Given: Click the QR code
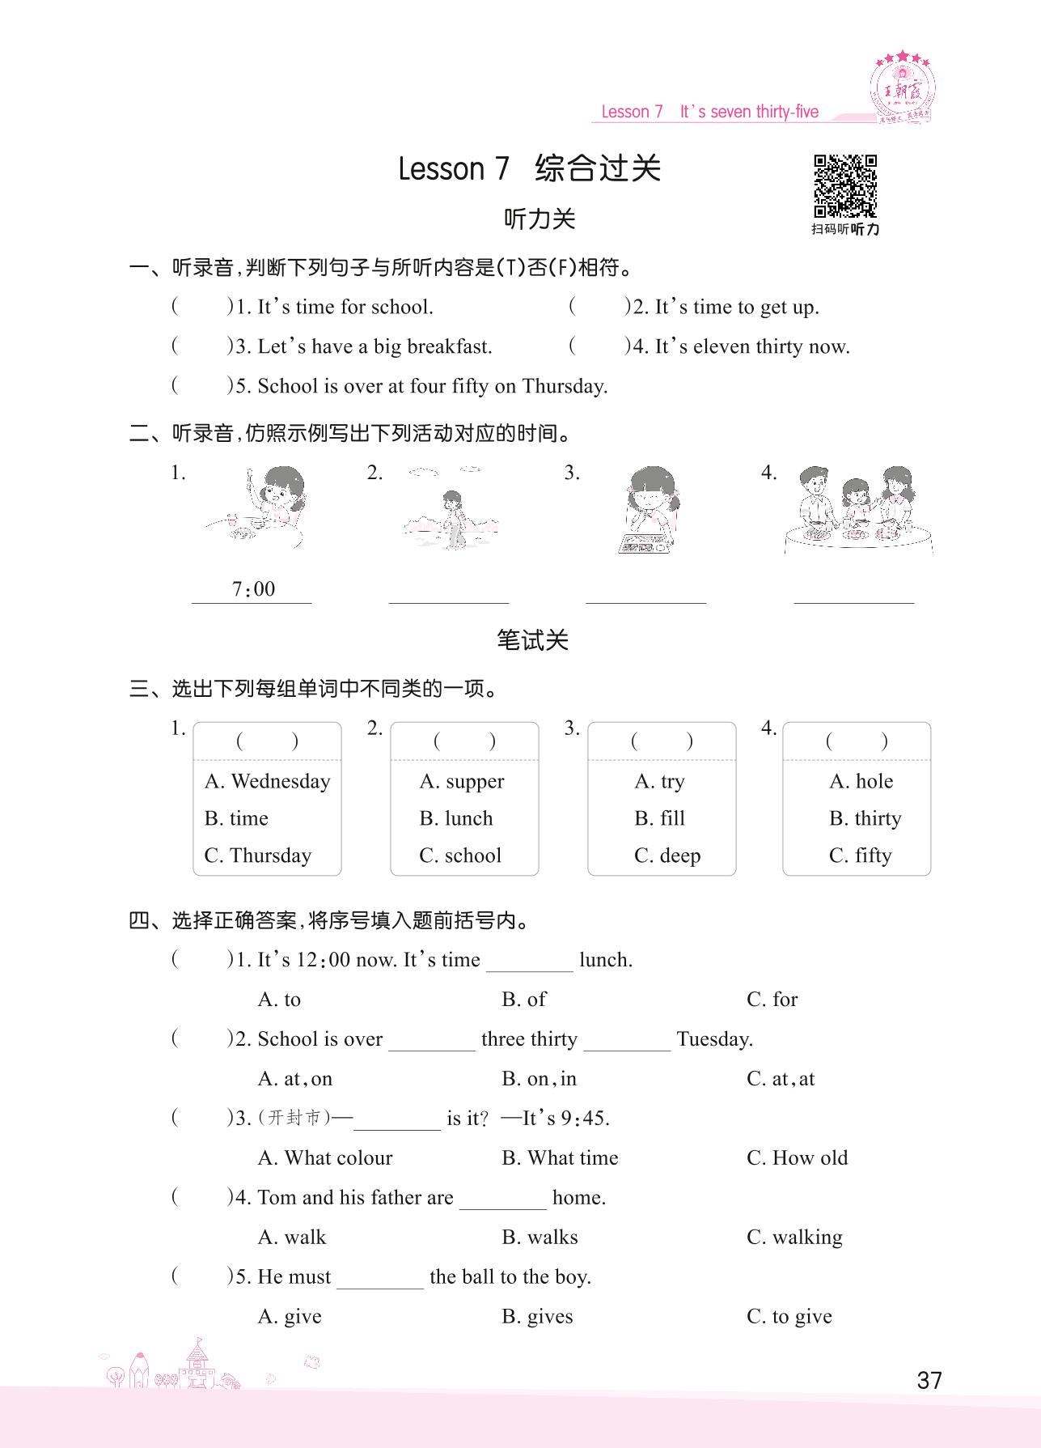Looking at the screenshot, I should pos(845,186).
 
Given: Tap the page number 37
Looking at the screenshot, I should pos(929,1380).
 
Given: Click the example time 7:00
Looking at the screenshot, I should pos(253,589).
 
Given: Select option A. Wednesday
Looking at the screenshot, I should pos(268,781).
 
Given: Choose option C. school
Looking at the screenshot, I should pos(460,856).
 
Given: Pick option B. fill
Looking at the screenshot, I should pos(659,818).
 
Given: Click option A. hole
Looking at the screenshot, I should pos(861,781).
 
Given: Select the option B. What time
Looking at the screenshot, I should pos(560,1157).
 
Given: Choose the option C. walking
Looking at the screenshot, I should pos(794,1237).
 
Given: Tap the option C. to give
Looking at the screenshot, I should pos(789,1316).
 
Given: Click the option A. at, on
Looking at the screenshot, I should pos(294,1078).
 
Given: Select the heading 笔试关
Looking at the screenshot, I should pos(532,640).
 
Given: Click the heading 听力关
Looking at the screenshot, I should pos(539,219).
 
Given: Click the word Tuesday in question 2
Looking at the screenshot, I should pos(714,1038).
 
